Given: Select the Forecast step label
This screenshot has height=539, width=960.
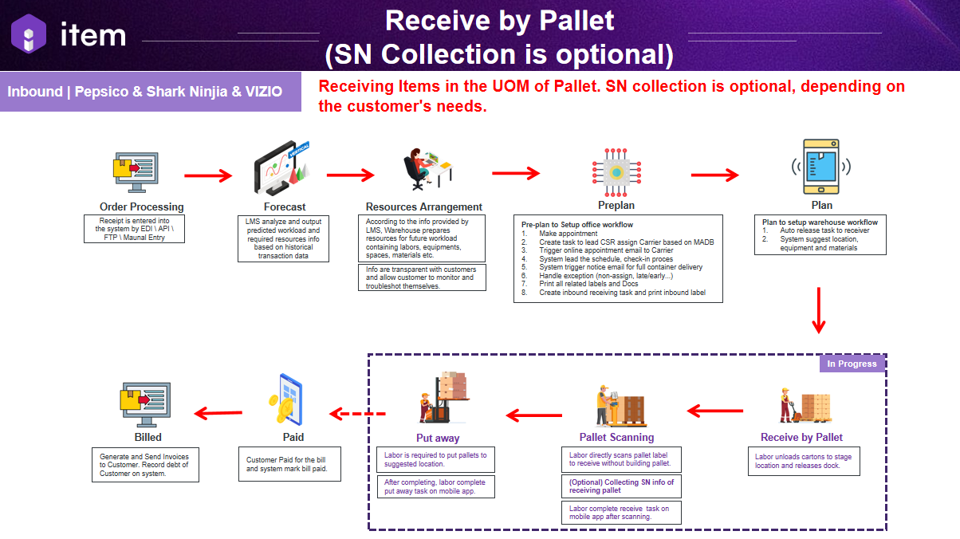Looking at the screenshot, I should pos(285,207).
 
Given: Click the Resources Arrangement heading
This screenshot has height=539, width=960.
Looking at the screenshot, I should pos(424,207).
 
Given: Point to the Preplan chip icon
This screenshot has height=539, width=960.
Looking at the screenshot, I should pos(616,171).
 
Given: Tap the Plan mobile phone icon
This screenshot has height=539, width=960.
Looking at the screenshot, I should pos(820,167).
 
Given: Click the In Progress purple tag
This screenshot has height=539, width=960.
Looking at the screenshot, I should pos(852,364).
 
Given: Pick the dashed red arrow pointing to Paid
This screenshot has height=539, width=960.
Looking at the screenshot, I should pos(357,414).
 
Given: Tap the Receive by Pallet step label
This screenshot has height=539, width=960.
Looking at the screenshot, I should pos(801,437).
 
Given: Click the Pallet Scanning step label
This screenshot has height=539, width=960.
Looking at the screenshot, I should pos(616,437).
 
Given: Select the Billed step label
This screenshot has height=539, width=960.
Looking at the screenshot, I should pos(148,437).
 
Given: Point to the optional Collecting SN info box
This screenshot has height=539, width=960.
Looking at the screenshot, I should pos(621,486).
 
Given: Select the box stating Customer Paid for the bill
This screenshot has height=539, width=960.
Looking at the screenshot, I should pos(293,464).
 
